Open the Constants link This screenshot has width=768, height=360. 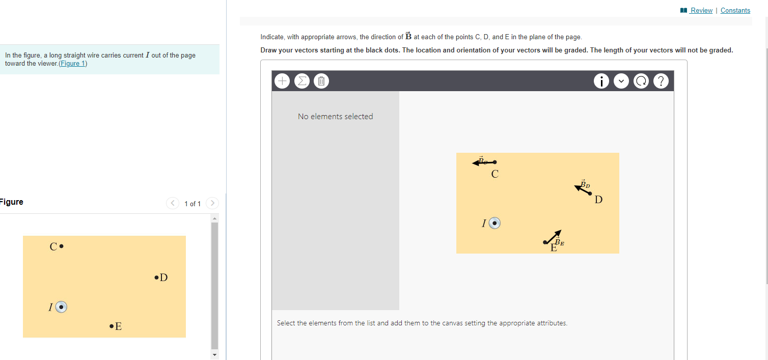point(735,10)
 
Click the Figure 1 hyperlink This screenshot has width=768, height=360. point(73,64)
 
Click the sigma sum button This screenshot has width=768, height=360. point(301,81)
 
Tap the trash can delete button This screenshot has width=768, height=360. point(321,81)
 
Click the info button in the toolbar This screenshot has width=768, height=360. point(601,81)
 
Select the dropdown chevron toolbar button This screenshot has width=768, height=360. point(621,81)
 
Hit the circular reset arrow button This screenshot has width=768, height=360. point(641,81)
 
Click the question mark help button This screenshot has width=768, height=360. point(661,81)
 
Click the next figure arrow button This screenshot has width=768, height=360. point(212,203)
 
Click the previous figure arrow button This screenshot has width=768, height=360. point(173,203)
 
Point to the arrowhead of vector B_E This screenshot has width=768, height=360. point(559,233)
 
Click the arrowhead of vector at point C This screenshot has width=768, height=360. point(475,163)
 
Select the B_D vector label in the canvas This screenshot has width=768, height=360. point(585,184)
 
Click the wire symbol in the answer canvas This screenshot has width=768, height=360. point(495,223)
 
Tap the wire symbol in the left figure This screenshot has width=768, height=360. point(61,307)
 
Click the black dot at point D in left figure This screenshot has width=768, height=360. point(156,278)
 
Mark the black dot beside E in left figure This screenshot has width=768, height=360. point(112,326)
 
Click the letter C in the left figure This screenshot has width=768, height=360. point(53,246)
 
